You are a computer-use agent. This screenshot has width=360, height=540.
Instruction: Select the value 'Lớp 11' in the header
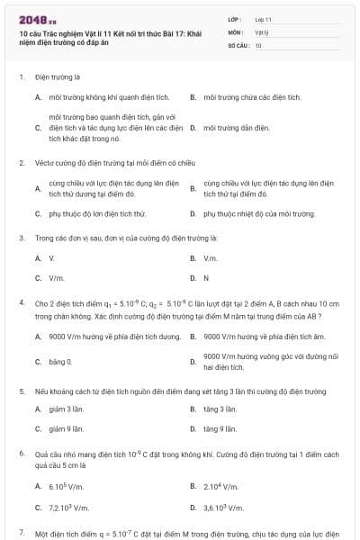coord(264,18)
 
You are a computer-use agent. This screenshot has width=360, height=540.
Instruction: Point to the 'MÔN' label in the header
coord(236,31)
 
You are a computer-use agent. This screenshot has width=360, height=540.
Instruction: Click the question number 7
coord(22,534)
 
